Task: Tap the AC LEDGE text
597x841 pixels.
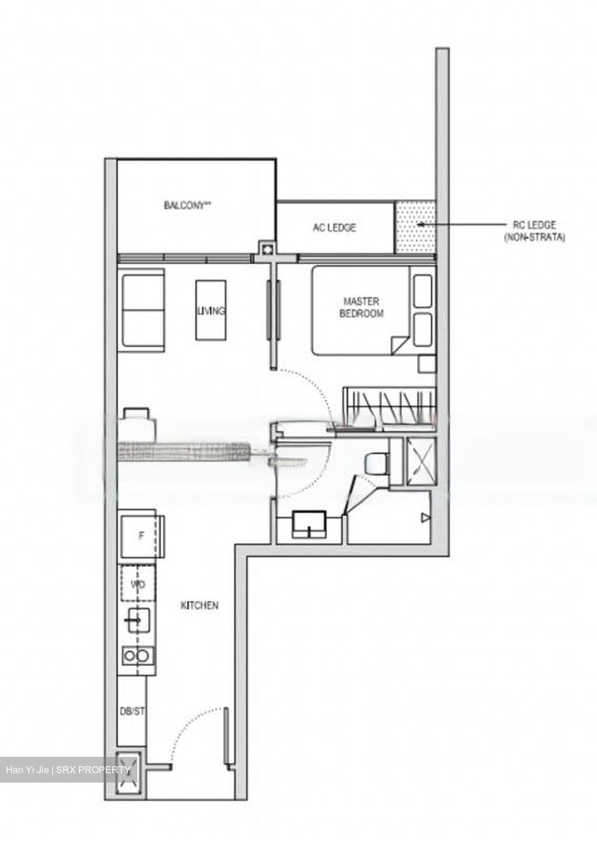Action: click(x=334, y=228)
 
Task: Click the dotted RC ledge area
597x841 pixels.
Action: click(x=415, y=228)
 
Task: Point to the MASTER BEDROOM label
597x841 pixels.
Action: click(x=361, y=307)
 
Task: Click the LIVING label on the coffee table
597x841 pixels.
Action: click(x=211, y=311)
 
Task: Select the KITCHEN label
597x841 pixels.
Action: click(x=199, y=606)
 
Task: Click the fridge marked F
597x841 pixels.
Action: click(x=141, y=536)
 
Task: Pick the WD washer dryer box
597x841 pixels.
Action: click(x=138, y=584)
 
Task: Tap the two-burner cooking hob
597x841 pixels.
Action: click(x=137, y=656)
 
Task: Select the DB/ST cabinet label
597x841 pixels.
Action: click(x=131, y=713)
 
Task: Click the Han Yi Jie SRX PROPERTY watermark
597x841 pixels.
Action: click(x=68, y=770)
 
